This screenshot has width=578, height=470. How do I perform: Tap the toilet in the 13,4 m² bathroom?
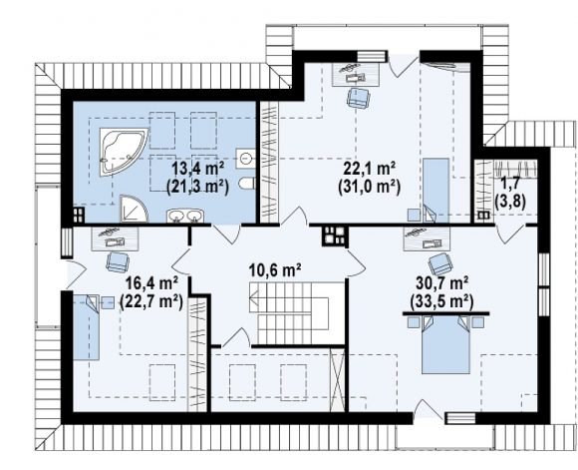coord(246,184)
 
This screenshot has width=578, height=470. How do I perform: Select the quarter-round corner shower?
coord(133,209)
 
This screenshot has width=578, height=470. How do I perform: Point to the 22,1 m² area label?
coord(370,169)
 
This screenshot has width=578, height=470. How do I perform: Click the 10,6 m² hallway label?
coord(275,269)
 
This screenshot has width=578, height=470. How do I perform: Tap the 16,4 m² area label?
coord(152,284)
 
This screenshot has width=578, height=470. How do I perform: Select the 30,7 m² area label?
coord(442,284)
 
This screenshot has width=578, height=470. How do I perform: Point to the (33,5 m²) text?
coord(441,301)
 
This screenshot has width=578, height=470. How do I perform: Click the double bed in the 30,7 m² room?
coord(445,343)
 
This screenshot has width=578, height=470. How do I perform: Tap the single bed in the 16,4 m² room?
coord(87,326)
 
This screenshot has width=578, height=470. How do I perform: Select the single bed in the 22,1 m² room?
coord(435,191)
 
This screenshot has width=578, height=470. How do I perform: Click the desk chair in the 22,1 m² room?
coord(358,98)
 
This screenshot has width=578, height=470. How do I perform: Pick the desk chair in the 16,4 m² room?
coord(118,261)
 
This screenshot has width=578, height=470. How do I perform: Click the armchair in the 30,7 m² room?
coord(440,263)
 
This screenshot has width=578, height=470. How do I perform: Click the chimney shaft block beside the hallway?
coord(335,235)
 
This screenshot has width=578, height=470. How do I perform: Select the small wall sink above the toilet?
coord(245,159)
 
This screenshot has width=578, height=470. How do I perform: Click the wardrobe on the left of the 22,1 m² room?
coord(269,162)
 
